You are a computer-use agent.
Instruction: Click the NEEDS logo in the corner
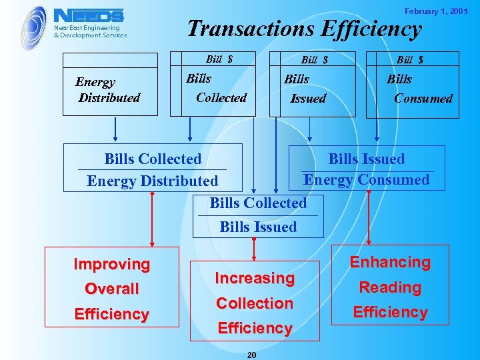click(88, 15)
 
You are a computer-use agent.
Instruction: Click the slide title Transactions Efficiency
click(304, 29)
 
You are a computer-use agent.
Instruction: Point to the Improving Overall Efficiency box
click(112, 289)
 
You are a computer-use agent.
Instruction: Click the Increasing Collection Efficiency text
click(254, 303)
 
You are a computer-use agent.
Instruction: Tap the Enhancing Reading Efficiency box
click(391, 287)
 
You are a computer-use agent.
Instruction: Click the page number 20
click(251, 355)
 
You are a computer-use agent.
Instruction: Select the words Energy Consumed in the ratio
click(366, 179)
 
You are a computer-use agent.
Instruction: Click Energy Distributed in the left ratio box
click(152, 181)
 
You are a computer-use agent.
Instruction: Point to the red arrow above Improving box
click(153, 220)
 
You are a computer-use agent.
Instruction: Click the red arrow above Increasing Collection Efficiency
click(254, 249)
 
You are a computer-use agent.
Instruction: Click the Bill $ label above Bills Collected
click(219, 59)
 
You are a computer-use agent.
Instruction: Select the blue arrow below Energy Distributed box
click(115, 131)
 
